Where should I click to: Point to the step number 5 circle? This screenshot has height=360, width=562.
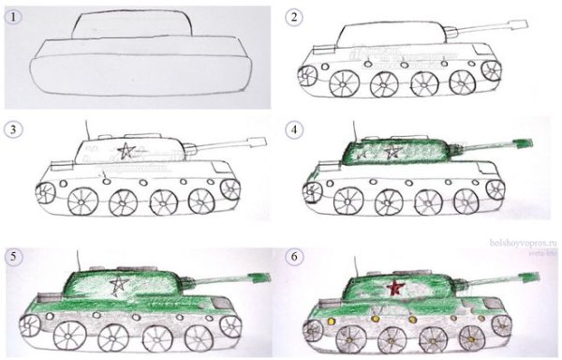coord(13,254)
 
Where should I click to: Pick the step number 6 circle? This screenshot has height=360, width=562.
coord(295,254)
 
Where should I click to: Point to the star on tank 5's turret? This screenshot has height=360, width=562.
coord(119,283)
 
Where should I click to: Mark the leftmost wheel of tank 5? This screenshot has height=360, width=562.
coord(29,324)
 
